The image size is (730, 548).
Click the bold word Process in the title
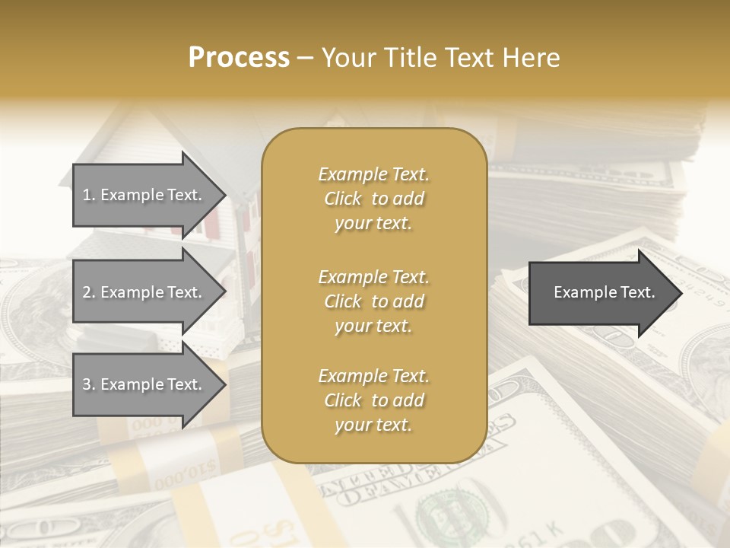click(239, 58)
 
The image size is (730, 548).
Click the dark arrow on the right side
click(601, 293)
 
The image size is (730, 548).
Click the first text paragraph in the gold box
click(373, 199)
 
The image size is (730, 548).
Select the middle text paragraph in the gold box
click(373, 301)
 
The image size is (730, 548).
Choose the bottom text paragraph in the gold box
click(373, 400)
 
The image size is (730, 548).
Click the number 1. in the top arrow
click(89, 195)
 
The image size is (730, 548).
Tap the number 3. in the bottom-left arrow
click(89, 384)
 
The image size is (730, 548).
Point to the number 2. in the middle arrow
click(89, 292)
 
